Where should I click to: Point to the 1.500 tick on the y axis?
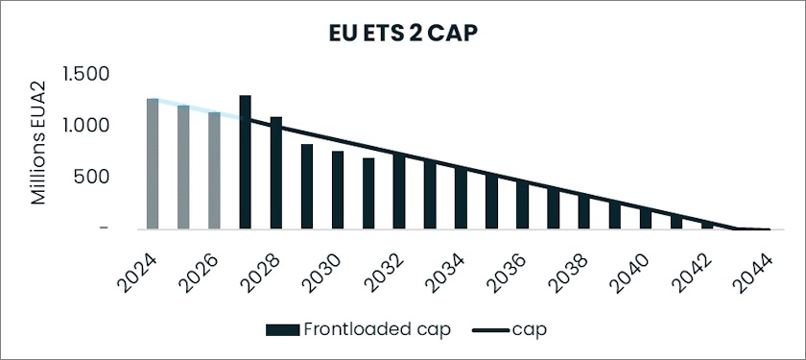[85, 75]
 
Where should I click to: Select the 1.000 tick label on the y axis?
[85, 126]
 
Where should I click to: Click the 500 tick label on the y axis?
[94, 178]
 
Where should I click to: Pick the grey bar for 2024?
[153, 164]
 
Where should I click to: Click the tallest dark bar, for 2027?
[245, 162]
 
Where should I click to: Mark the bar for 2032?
[399, 192]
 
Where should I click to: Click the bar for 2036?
[522, 204]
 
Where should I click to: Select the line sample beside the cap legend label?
[490, 328]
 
